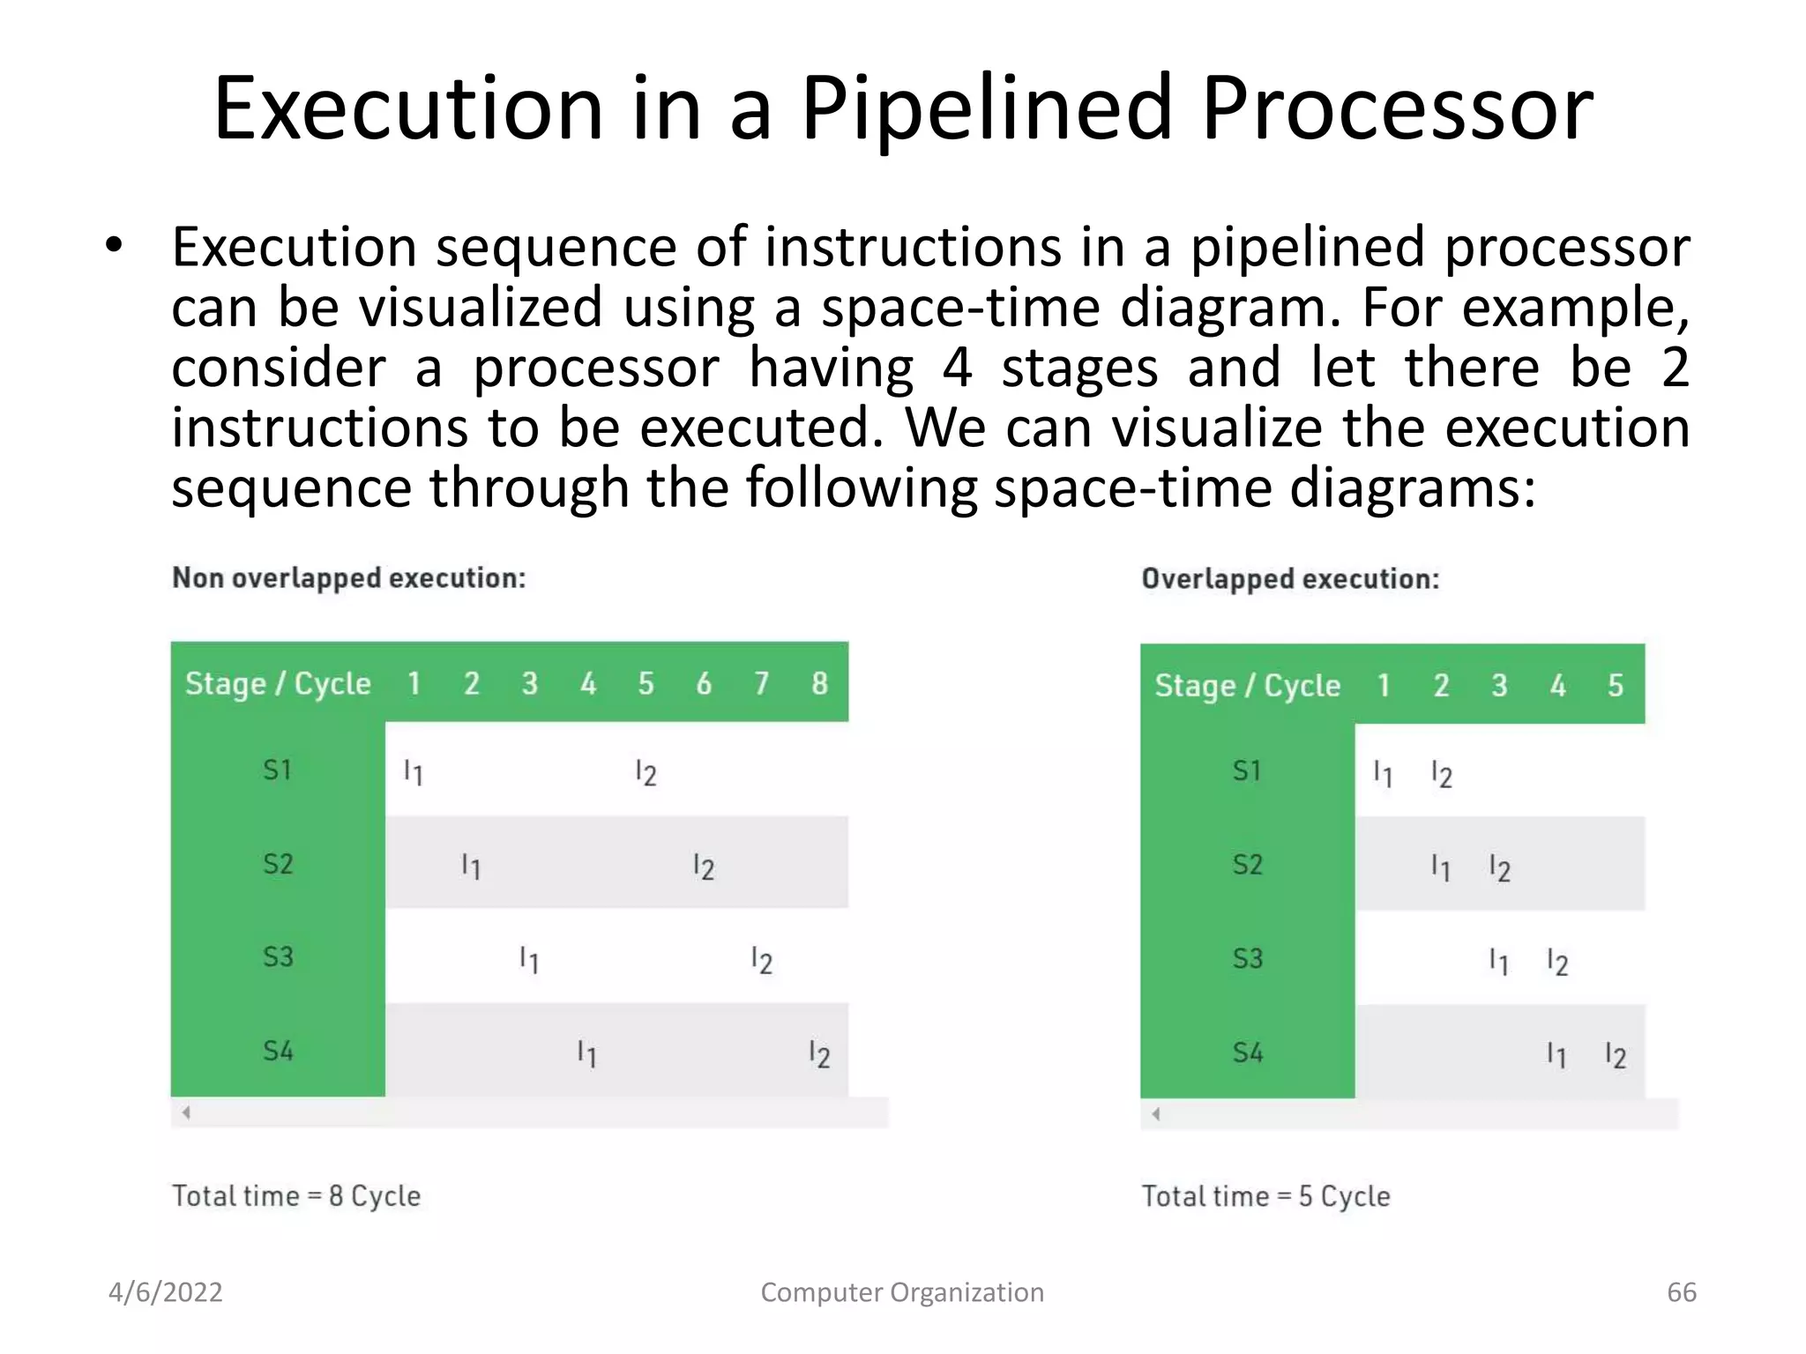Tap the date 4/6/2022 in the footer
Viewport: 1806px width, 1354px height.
(x=165, y=1292)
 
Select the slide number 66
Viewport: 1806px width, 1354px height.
(x=1681, y=1292)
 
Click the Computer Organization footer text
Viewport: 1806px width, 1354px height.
(x=902, y=1292)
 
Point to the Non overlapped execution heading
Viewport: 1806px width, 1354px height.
(x=348, y=578)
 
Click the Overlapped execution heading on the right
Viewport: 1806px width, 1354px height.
(x=1290, y=579)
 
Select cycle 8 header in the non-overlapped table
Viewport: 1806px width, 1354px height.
(x=819, y=683)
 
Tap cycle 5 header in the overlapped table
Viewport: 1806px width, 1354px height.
(x=1615, y=685)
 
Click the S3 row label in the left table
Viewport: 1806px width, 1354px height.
(x=278, y=956)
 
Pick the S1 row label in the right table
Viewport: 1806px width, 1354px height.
(x=1247, y=771)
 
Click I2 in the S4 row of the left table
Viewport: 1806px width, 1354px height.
(x=819, y=1053)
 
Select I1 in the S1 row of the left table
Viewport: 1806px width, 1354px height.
(x=413, y=773)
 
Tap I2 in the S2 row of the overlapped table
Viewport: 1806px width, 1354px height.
(x=1499, y=868)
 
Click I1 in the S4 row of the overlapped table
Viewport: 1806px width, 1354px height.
(x=1556, y=1054)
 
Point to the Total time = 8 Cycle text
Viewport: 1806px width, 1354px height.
(x=296, y=1196)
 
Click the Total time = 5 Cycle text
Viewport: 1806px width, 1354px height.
(x=1265, y=1196)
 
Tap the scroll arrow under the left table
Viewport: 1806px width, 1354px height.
(x=186, y=1112)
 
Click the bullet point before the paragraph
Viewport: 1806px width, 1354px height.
(x=113, y=246)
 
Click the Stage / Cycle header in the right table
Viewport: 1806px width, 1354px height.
(x=1247, y=685)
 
